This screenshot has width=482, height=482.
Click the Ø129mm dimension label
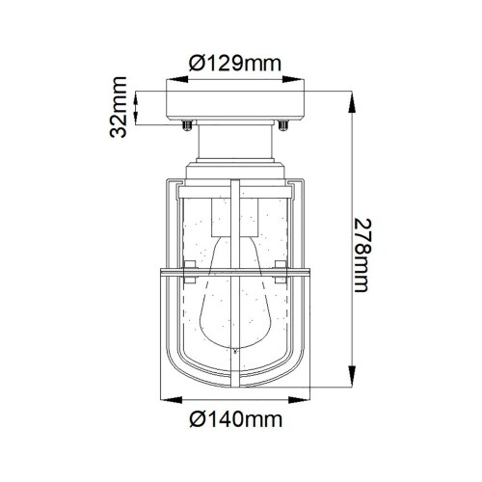[x=235, y=64]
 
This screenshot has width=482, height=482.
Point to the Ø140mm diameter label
[x=235, y=419]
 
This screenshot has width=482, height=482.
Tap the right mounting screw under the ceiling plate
[x=284, y=123]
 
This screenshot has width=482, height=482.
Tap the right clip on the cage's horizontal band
[x=281, y=267]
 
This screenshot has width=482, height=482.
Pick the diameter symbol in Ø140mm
[x=196, y=419]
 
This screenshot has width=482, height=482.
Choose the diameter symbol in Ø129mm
[x=196, y=64]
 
